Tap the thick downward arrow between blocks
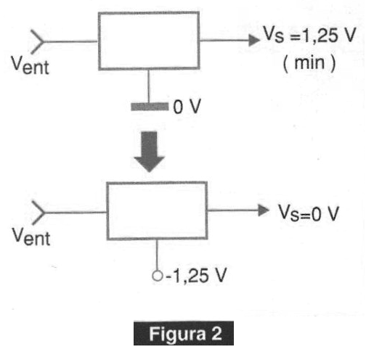150,152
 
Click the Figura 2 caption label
184,333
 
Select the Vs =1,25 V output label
309,35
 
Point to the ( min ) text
309,63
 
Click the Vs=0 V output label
309,213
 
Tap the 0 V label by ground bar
187,106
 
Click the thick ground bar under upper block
150,107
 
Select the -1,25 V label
196,276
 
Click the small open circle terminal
157,276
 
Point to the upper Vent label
30,65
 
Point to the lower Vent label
31,237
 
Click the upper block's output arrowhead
254,40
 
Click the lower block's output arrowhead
264,210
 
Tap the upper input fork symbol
38,41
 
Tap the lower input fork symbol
38,213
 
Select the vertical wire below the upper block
149,86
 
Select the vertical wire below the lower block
157,255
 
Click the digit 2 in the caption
216,333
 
